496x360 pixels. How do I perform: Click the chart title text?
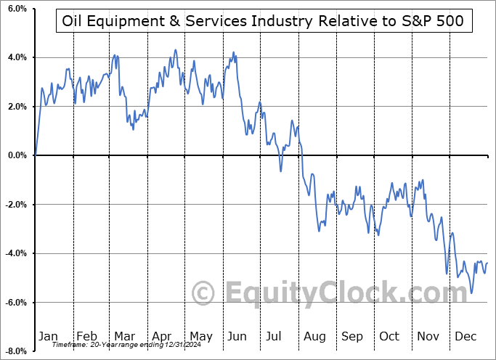pyautogui.click(x=264, y=22)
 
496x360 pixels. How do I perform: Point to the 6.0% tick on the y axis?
pyautogui.click(x=17, y=9)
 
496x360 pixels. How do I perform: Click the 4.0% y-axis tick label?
pyautogui.click(x=17, y=57)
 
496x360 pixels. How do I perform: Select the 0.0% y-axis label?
pyautogui.click(x=17, y=155)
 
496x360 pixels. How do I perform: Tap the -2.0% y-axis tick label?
pyautogui.click(x=15, y=205)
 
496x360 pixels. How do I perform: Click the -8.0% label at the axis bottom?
pyautogui.click(x=15, y=351)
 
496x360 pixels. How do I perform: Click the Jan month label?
pyautogui.click(x=48, y=336)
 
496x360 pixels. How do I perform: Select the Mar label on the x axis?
pyautogui.click(x=124, y=336)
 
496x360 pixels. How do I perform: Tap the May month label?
pyautogui.click(x=200, y=336)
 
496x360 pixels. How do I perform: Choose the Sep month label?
pyautogui.click(x=352, y=336)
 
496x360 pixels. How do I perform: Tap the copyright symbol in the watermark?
pyautogui.click(x=203, y=293)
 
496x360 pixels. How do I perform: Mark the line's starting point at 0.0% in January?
pyautogui.click(x=36, y=155)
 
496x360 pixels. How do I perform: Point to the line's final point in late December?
pyautogui.click(x=487, y=263)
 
